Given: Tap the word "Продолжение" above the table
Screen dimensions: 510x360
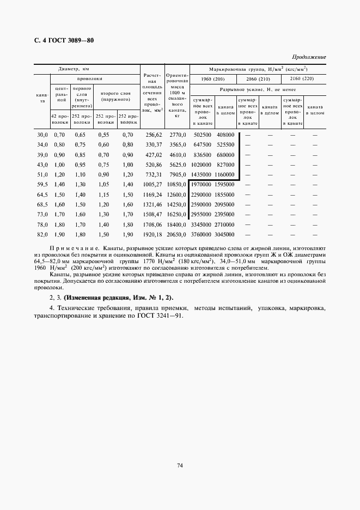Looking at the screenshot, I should [x=309, y=57].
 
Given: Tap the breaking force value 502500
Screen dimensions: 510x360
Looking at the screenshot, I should [x=202, y=135].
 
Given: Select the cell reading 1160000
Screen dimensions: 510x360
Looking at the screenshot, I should [x=225, y=175].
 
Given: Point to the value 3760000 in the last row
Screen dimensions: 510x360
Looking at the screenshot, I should [x=202, y=234].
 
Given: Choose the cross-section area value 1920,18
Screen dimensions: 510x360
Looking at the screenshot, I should [x=152, y=234].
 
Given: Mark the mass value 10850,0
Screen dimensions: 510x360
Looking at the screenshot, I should [x=176, y=185].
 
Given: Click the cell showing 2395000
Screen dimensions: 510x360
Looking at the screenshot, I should [x=225, y=215].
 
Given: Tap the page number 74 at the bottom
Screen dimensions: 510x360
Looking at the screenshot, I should [x=179, y=465].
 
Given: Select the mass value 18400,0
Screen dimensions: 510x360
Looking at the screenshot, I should [x=176, y=224].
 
